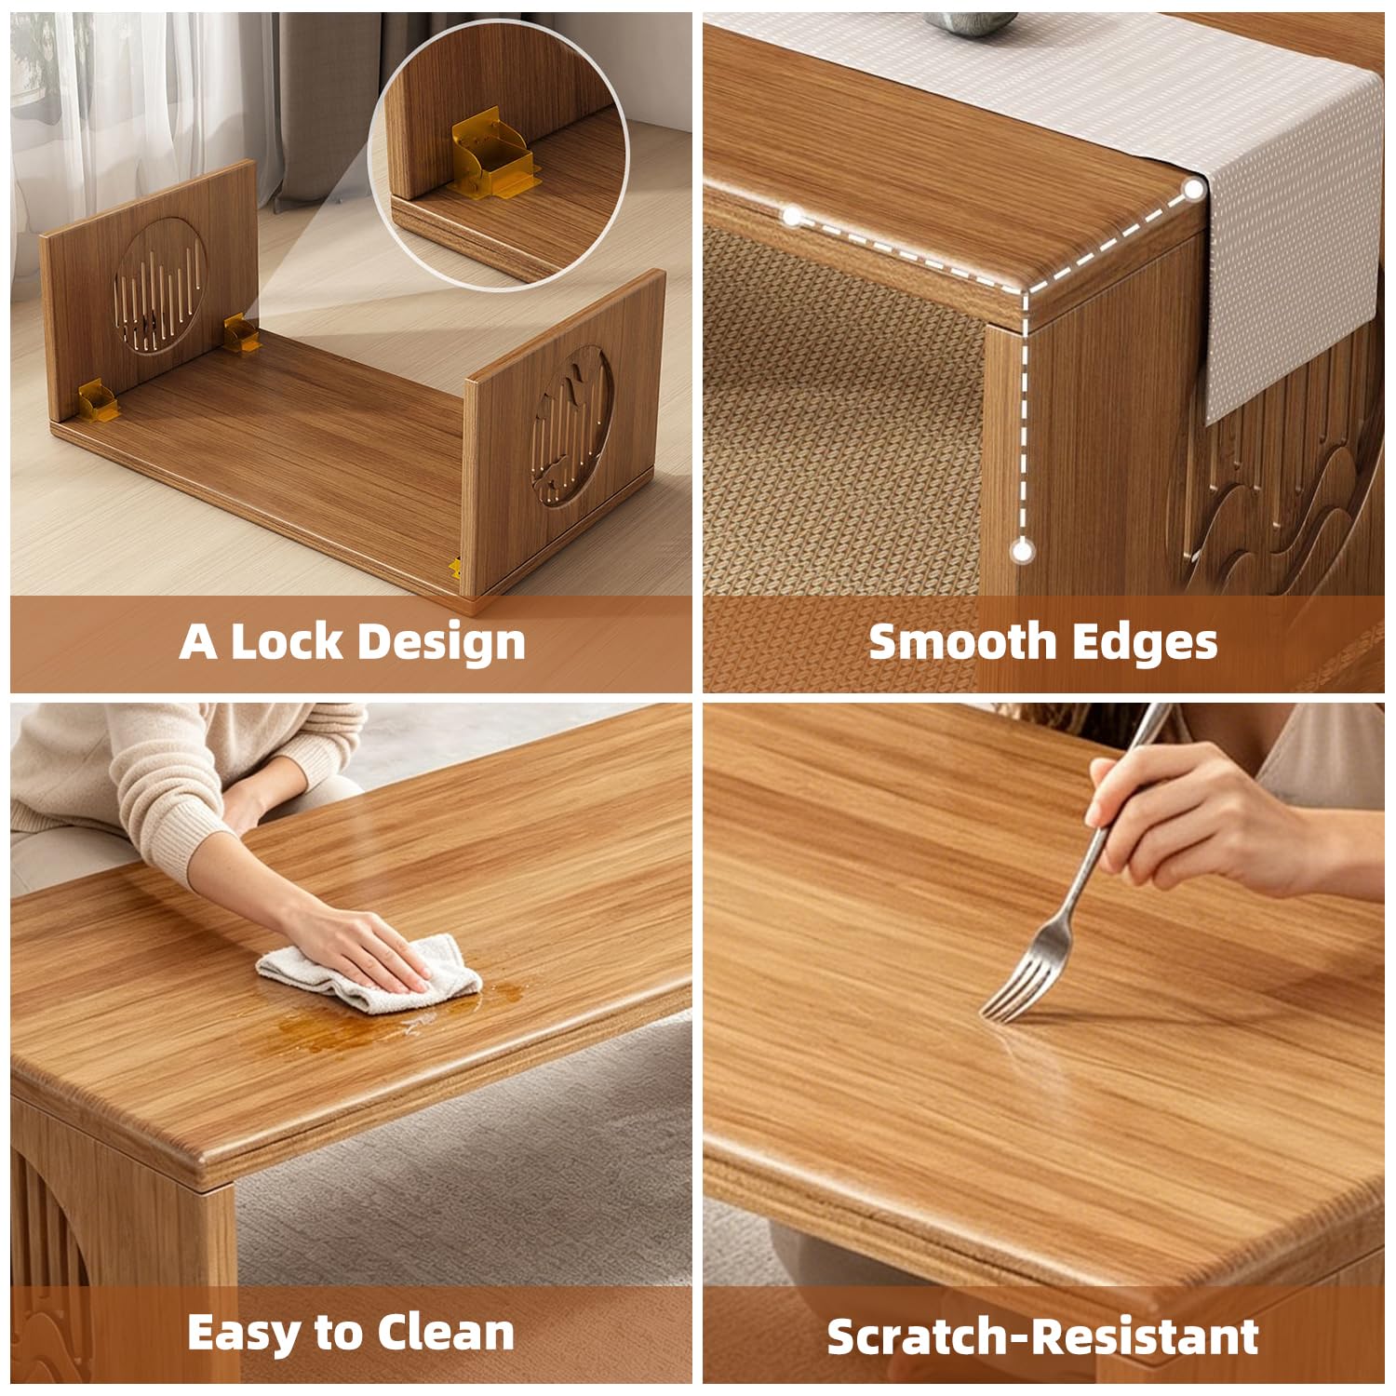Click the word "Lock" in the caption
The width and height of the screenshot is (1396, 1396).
pos(285,641)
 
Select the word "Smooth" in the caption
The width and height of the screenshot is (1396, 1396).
pos(960,641)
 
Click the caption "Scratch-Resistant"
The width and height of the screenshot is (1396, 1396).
pos(1042,1336)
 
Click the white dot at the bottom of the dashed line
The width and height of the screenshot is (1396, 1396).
pos(1023,551)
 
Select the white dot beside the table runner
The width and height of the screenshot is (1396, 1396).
pos(1194,190)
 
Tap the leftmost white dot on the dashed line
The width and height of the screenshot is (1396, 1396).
pos(792,218)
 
